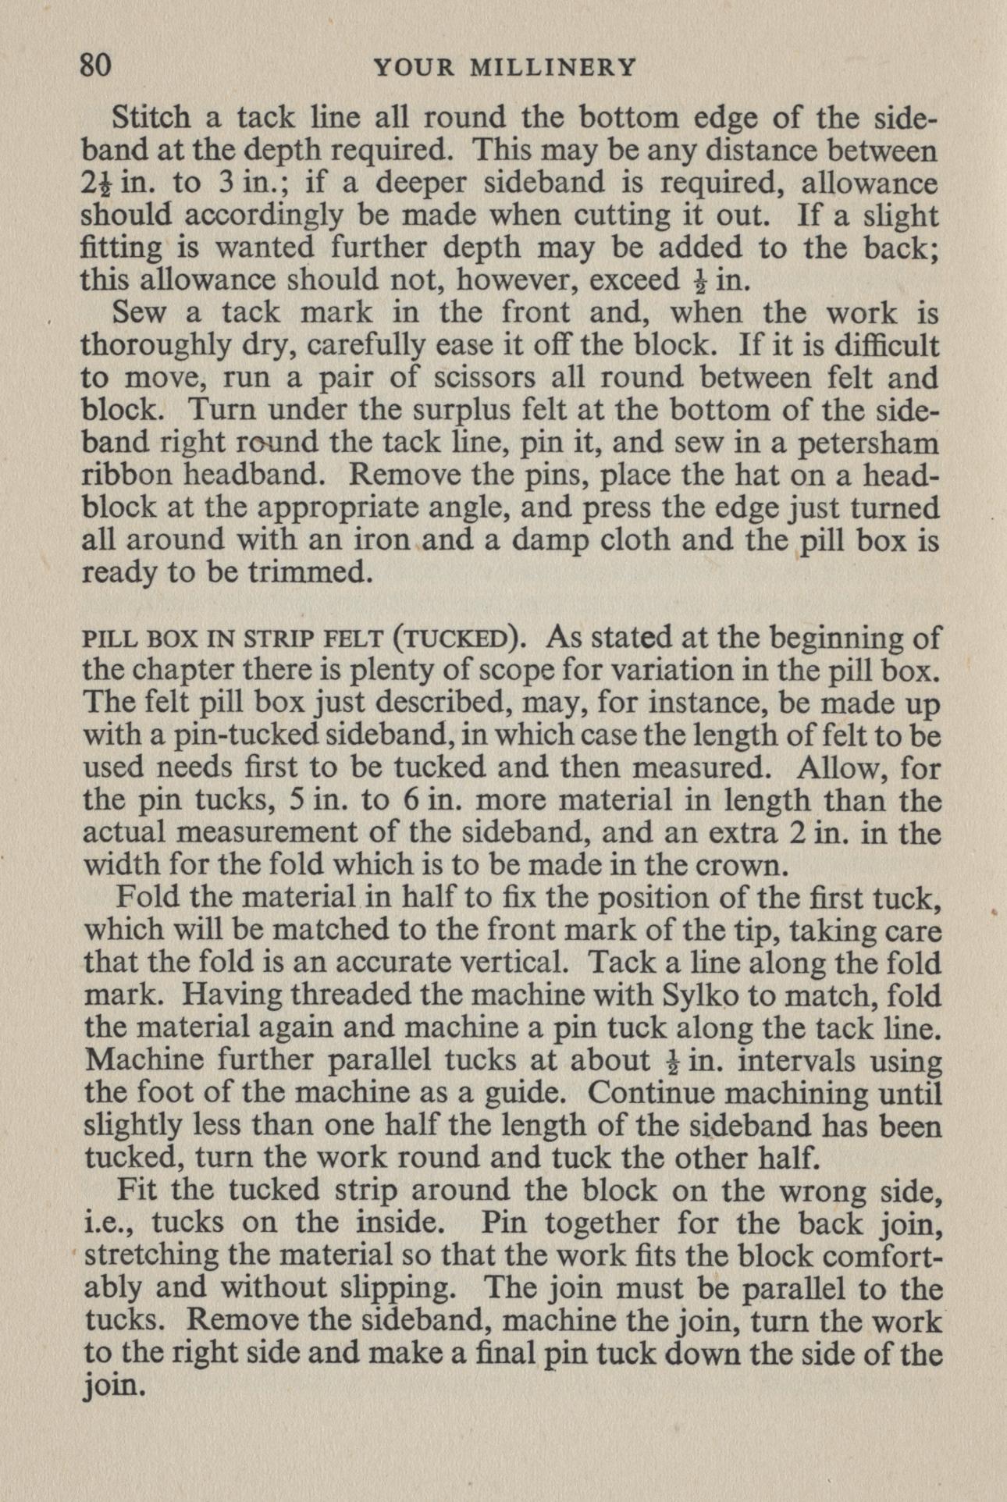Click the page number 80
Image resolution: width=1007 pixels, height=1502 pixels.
pyautogui.click(x=96, y=66)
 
